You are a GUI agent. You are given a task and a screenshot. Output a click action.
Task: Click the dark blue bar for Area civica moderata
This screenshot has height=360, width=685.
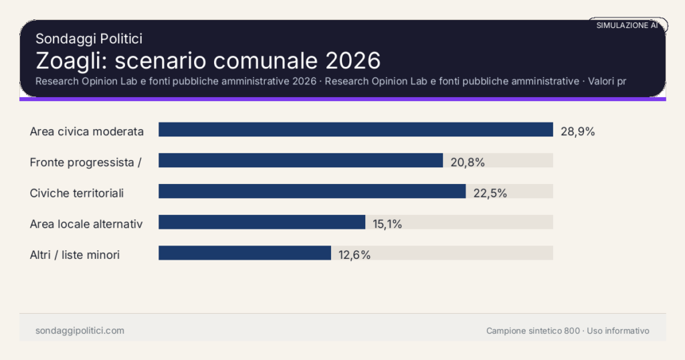(355, 130)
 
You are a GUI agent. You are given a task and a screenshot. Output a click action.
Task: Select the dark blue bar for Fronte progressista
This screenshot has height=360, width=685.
(300, 161)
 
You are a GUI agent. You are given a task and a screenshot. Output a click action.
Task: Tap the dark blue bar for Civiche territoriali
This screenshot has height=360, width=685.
(312, 191)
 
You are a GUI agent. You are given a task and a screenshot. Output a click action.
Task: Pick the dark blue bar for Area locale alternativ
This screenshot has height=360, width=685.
(262, 222)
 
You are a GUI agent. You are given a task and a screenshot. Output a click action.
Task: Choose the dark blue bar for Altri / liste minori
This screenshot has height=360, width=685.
(245, 253)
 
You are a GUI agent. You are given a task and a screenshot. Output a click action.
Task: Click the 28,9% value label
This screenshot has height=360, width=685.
(577, 131)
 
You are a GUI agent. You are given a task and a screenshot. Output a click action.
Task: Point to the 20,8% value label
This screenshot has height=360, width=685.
(467, 162)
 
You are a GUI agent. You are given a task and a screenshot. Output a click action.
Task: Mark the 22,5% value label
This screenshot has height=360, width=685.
(490, 193)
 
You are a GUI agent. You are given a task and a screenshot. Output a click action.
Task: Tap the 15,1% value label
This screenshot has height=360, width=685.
(387, 223)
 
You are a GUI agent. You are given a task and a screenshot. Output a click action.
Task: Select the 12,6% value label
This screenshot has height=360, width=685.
(354, 254)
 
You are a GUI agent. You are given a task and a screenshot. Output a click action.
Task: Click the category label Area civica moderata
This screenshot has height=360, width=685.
(87, 131)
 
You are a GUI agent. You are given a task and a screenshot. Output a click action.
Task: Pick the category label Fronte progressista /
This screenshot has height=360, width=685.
(85, 162)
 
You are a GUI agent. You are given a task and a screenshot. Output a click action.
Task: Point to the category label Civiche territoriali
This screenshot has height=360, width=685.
(77, 193)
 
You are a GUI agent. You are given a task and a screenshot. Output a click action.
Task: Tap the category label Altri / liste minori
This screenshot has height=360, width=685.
(75, 254)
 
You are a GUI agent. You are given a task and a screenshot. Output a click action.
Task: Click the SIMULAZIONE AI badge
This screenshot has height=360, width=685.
(627, 25)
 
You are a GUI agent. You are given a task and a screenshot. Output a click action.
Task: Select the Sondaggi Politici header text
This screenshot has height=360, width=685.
(88, 39)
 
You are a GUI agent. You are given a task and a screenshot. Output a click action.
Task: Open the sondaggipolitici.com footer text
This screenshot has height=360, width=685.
(80, 331)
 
